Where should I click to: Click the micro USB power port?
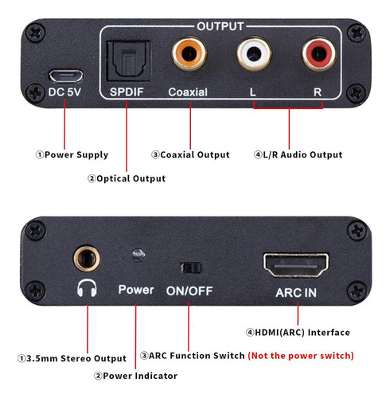coord(66,76)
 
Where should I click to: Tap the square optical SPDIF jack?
coord(128,61)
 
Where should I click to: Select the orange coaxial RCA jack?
coord(189,53)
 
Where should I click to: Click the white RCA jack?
coord(254,53)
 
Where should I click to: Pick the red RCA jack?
coord(319,53)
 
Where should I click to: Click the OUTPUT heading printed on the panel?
coord(220,26)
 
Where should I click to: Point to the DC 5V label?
coord(64,92)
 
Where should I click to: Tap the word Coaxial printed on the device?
coord(188,92)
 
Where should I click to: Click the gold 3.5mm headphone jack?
coord(87,259)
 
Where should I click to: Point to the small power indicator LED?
coord(138,256)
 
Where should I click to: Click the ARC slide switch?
coord(191,268)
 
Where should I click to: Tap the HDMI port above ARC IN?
coord(296,265)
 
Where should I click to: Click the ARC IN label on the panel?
coord(296,293)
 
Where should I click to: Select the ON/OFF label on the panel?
coord(189,291)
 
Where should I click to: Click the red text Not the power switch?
coord(301,356)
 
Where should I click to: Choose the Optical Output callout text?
coord(127,178)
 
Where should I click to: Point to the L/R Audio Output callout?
coord(298,154)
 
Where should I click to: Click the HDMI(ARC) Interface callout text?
coord(298,332)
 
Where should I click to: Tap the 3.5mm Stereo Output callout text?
coord(72,358)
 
